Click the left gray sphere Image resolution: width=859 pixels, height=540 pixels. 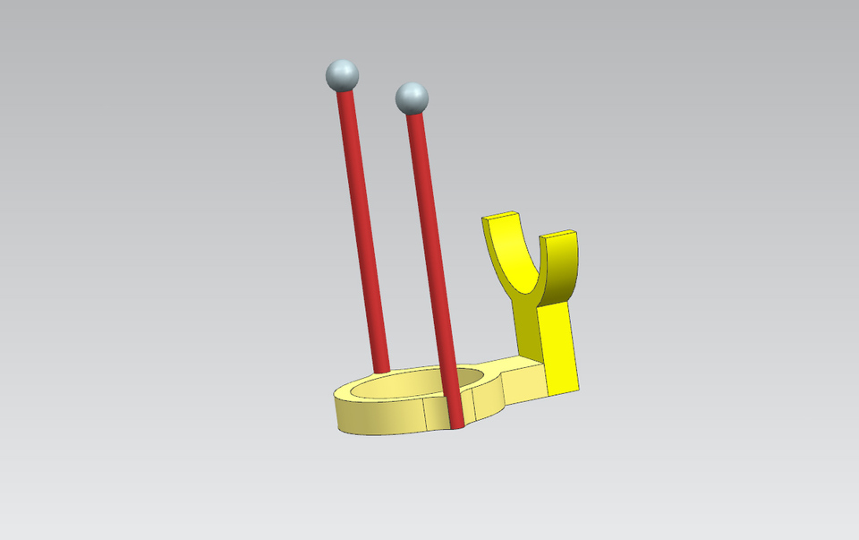tap(342, 75)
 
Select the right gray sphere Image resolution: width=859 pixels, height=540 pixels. tap(412, 97)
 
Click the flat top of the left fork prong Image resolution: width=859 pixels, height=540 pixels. tap(501, 216)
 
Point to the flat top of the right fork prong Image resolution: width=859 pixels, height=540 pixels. tap(558, 235)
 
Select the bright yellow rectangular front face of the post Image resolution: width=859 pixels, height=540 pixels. tap(562, 349)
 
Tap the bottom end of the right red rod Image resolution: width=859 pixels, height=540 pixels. tap(457, 423)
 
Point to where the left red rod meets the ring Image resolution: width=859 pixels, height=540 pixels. tap(382, 369)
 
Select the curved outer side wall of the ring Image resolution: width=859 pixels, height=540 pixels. tap(376, 416)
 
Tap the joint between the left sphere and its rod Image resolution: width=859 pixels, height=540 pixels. tap(344, 91)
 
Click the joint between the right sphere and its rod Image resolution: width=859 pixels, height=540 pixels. tap(414, 113)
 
